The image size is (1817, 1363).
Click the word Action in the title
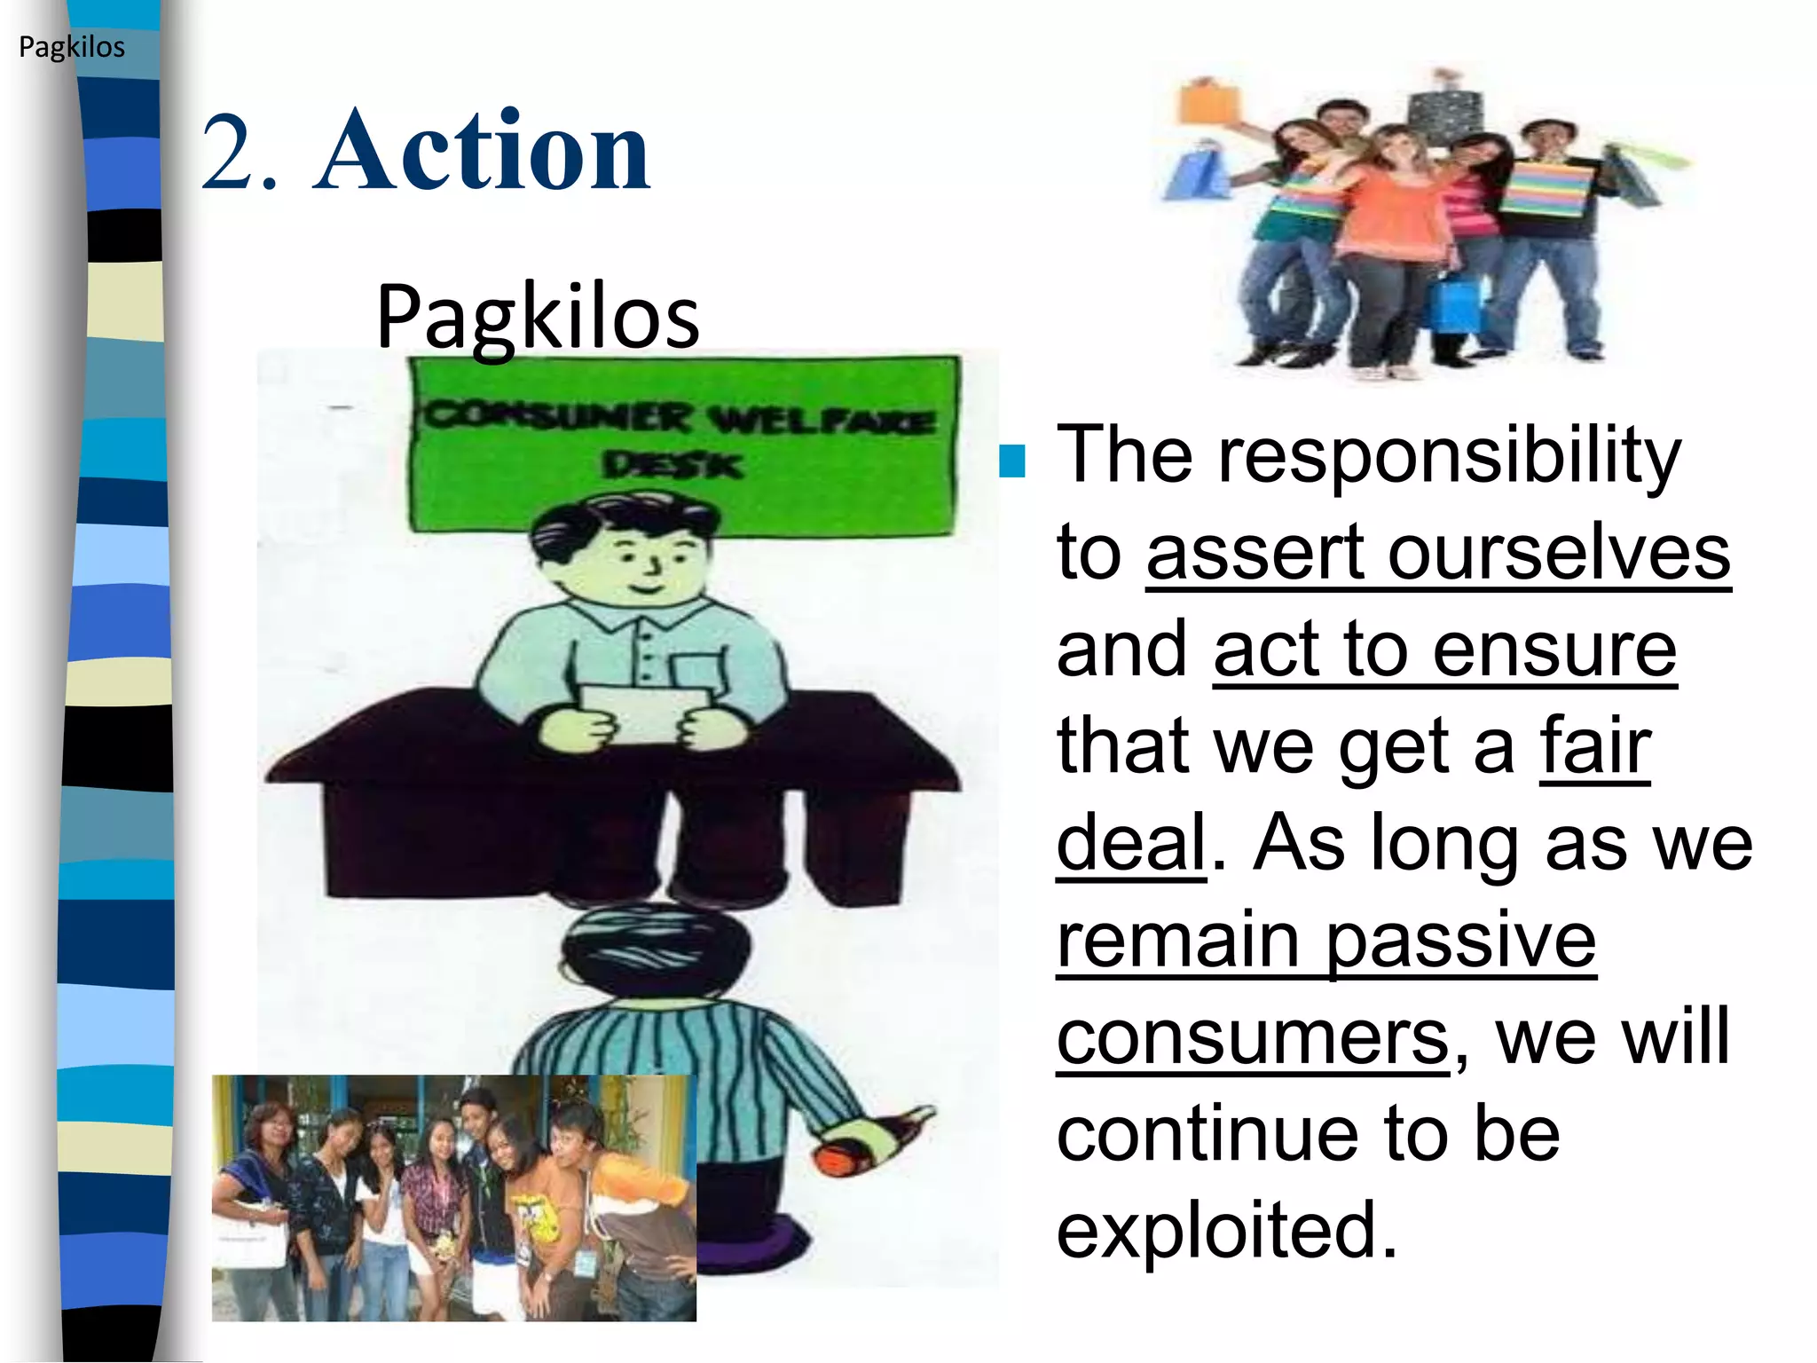pyautogui.click(x=483, y=151)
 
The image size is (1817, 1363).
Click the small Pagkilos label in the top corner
pyautogui.click(x=72, y=47)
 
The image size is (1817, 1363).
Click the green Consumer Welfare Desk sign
pyautogui.click(x=684, y=444)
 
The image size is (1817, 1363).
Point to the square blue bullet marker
pyautogui.click(x=1011, y=461)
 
